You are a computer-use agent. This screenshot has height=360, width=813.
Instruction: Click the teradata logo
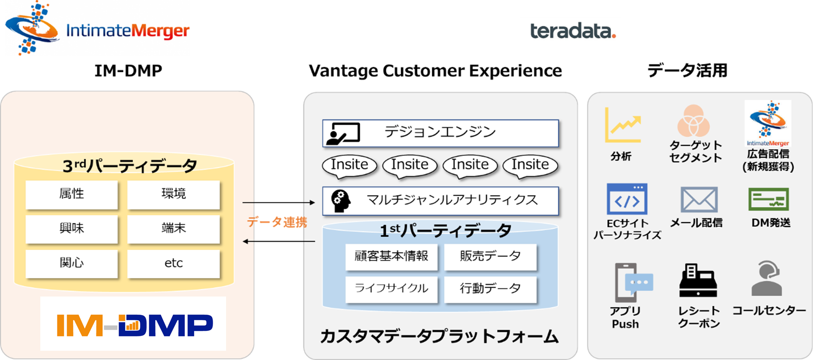pyautogui.click(x=573, y=31)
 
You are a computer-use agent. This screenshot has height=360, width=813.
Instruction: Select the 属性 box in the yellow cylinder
pyautogui.click(x=72, y=194)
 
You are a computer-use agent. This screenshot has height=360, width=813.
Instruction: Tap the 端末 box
pyautogui.click(x=174, y=228)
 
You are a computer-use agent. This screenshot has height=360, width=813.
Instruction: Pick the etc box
pyautogui.click(x=174, y=263)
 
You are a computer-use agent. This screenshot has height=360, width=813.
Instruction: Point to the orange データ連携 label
pyautogui.click(x=277, y=222)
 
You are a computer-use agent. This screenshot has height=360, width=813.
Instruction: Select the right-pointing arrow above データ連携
pyautogui.click(x=279, y=202)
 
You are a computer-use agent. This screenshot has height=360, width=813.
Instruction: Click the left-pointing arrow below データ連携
pyautogui.click(x=279, y=241)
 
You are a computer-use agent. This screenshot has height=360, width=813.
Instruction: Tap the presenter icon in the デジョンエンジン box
pyautogui.click(x=343, y=133)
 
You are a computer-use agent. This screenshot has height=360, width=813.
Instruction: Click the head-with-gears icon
pyautogui.click(x=341, y=201)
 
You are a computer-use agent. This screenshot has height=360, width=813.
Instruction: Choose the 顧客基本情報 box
pyautogui.click(x=391, y=257)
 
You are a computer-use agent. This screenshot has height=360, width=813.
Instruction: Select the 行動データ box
pyautogui.click(x=491, y=289)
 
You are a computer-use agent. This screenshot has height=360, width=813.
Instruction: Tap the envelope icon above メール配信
pyautogui.click(x=699, y=200)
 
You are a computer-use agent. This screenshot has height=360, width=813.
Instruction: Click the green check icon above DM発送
pyautogui.click(x=769, y=200)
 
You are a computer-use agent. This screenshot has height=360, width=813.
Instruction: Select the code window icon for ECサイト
pyautogui.click(x=627, y=199)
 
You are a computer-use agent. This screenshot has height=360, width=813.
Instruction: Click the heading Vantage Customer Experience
pyautogui.click(x=435, y=71)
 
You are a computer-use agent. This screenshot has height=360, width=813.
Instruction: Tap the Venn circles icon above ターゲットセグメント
pyautogui.click(x=693, y=120)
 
